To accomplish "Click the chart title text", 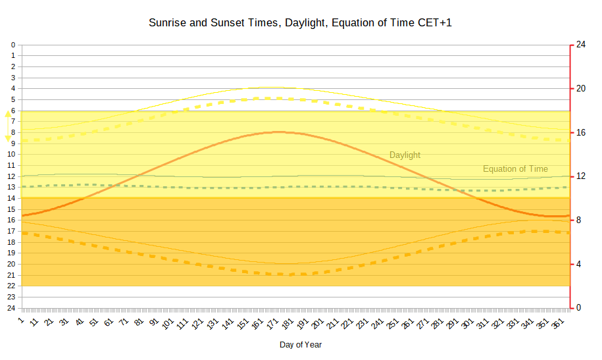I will [x=301, y=23].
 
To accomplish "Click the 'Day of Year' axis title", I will [x=301, y=344].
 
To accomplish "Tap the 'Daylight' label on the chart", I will [x=405, y=155].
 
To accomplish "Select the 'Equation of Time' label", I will [x=515, y=169].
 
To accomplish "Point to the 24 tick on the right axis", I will [x=581, y=45].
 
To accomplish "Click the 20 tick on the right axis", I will [x=581, y=89].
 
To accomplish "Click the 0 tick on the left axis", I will [x=13, y=45].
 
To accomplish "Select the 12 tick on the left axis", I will [x=11, y=176].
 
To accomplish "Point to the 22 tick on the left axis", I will [x=11, y=286].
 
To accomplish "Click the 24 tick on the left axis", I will [x=11, y=308].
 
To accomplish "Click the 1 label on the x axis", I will [x=22, y=320].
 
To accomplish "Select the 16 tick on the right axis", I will [x=581, y=132].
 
